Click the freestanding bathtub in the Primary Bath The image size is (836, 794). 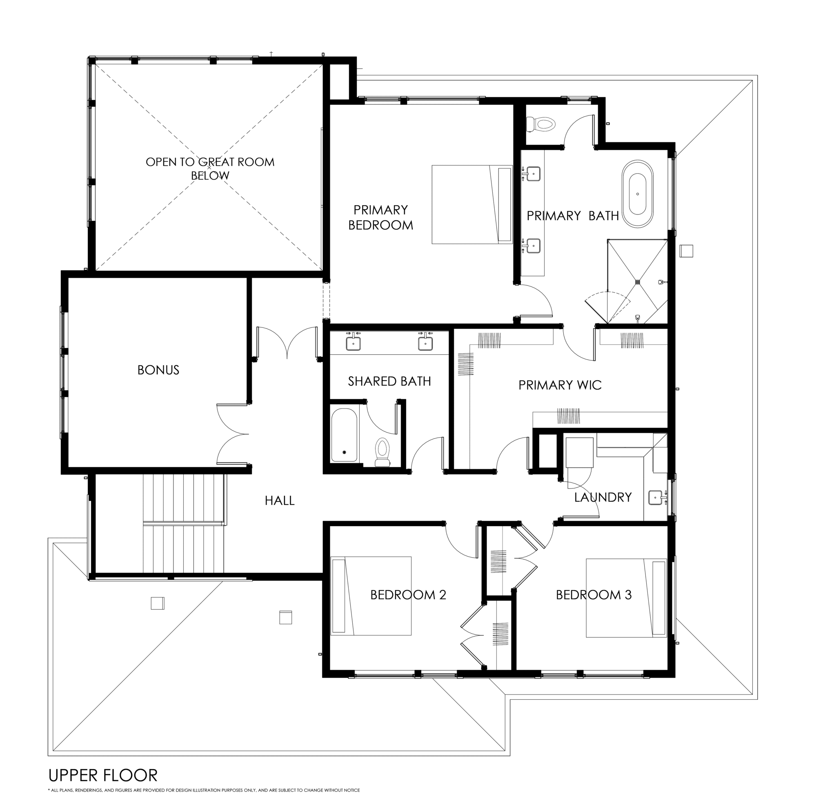637,194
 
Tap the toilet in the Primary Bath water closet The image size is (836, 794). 541,124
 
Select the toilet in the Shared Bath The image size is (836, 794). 382,452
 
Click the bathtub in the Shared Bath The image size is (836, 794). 344,435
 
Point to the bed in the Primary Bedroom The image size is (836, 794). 472,204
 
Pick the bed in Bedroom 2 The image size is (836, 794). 371,596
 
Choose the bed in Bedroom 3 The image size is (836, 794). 626,598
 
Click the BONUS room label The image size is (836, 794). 158,370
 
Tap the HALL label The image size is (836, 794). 280,501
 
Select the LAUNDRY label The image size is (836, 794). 603,497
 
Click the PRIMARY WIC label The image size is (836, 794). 560,385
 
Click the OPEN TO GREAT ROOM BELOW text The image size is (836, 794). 210,168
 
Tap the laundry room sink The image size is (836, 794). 656,497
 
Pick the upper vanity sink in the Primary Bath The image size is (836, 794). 534,173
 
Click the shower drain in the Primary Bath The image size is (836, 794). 638,281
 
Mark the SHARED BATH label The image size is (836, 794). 389,381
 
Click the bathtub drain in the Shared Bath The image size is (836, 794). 344,452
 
